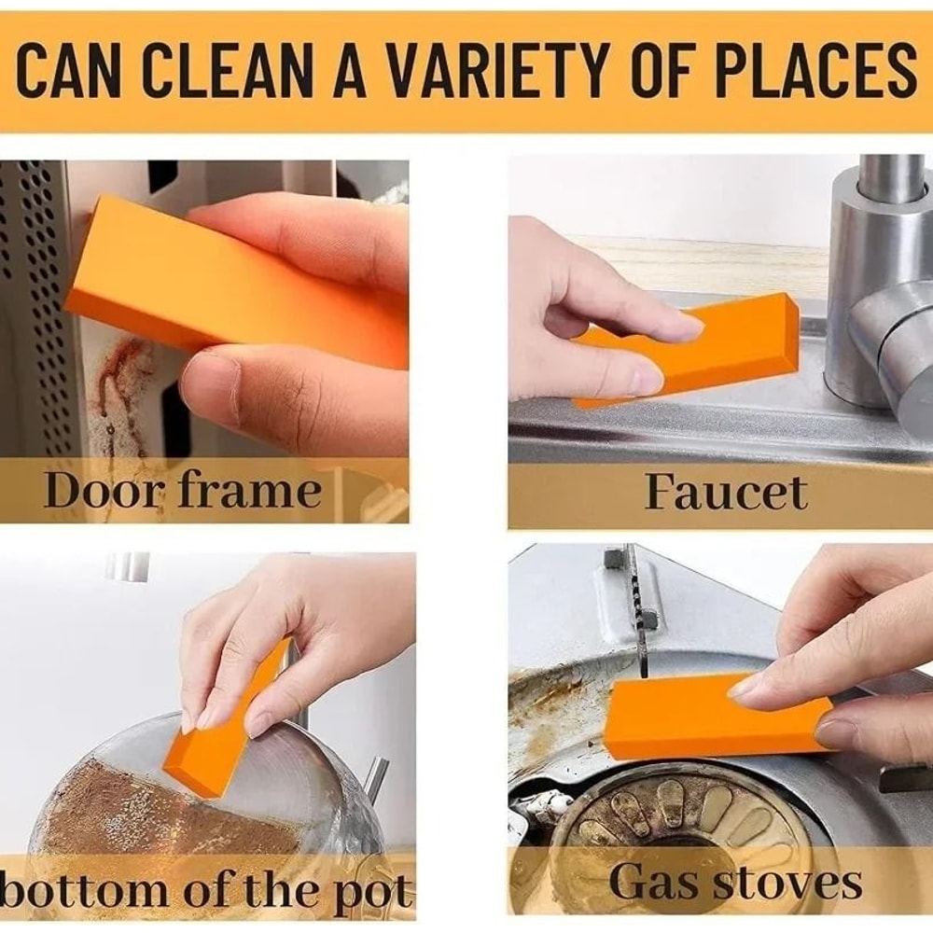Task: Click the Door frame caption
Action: click(x=183, y=489)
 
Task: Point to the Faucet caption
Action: click(x=725, y=492)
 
